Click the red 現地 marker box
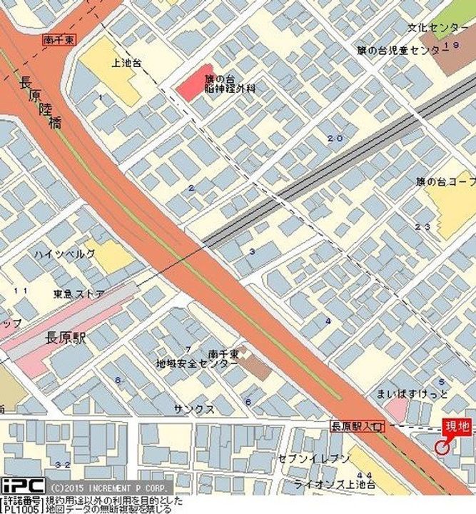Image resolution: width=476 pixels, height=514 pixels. tap(457, 427)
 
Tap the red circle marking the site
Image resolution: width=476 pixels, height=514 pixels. tap(442, 448)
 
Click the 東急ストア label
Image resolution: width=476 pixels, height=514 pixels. tap(79, 294)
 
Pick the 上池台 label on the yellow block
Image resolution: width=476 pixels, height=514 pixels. tap(126, 63)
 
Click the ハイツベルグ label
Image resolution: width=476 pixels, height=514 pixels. tap(64, 254)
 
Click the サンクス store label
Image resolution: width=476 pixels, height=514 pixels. tap(194, 409)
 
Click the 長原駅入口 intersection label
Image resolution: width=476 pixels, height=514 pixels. tap(357, 426)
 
